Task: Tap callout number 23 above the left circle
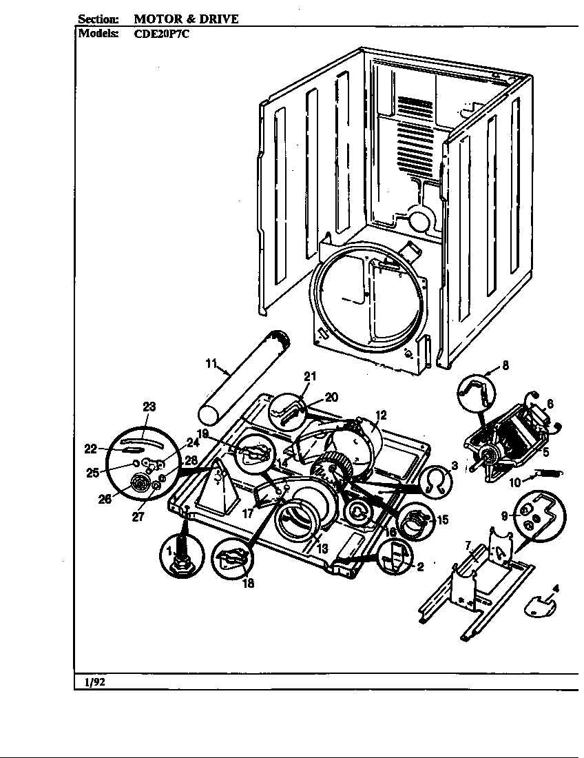149,407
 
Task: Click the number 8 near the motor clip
505,367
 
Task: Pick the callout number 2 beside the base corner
419,567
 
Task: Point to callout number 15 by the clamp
443,520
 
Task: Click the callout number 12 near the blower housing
381,415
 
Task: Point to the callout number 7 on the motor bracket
468,546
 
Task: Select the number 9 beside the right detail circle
503,515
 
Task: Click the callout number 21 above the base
310,376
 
